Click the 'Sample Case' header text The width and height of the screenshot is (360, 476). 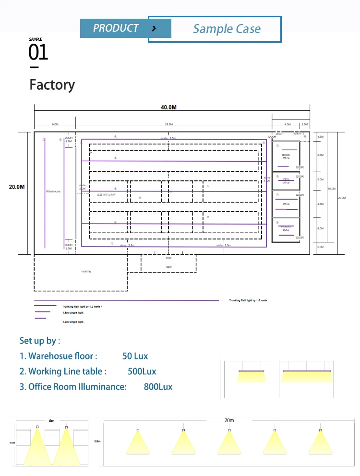[227, 29]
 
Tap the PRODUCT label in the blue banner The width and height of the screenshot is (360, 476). [116, 28]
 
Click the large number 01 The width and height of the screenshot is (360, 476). [38, 52]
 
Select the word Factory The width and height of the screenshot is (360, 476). [52, 85]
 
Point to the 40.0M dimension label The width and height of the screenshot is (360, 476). [168, 107]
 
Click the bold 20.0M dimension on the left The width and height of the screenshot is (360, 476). [17, 187]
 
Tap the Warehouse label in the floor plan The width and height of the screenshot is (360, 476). [53, 191]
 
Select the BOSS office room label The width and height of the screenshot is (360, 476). [286, 156]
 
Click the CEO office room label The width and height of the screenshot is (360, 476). [286, 181]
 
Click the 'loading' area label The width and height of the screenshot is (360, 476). [86, 272]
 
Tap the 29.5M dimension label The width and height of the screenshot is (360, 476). [168, 124]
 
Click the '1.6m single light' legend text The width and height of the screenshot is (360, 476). [73, 312]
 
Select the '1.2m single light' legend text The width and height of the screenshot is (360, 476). [73, 321]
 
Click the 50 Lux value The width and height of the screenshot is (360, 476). [135, 356]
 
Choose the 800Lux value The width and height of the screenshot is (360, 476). [158, 387]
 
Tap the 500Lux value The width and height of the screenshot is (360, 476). [142, 371]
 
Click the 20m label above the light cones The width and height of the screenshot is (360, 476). [229, 420]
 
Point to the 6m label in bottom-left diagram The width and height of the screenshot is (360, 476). [51, 421]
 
